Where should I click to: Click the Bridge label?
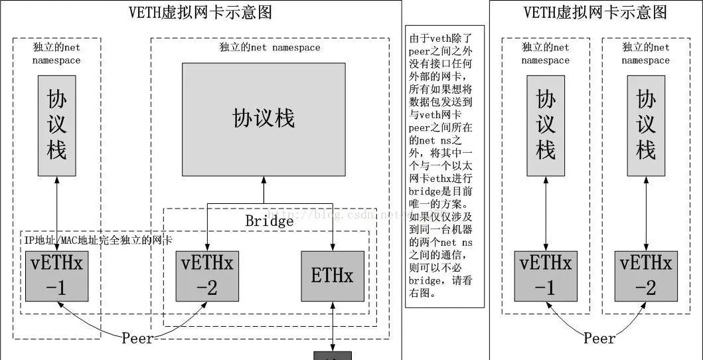click(269, 221)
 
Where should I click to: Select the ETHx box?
click(332, 276)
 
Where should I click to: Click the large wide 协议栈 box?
click(264, 119)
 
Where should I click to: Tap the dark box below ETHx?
click(332, 355)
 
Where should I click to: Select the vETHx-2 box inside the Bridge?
click(207, 276)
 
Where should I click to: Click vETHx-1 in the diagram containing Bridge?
click(57, 276)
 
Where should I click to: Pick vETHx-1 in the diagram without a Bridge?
click(546, 276)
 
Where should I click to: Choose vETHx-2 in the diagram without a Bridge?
click(646, 276)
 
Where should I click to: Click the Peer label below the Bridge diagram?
click(137, 338)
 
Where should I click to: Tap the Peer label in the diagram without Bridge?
click(599, 338)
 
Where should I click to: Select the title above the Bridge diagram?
click(200, 12)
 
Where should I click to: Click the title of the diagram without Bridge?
click(595, 12)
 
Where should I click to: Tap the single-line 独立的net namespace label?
click(270, 48)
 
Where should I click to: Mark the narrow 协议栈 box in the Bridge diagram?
click(57, 126)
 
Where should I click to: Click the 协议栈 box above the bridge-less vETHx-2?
click(646, 126)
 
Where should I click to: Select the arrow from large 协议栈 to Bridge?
click(264, 189)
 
